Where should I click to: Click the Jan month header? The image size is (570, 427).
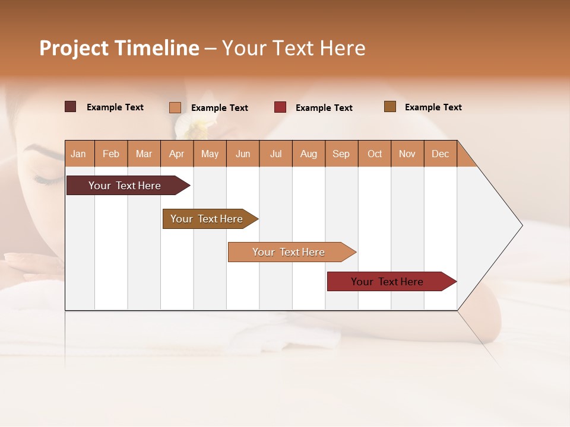pyautogui.click(x=79, y=154)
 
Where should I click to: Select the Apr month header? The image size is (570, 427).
pyautogui.click(x=177, y=154)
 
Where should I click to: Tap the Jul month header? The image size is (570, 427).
pyautogui.click(x=275, y=154)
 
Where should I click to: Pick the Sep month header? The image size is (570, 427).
pyautogui.click(x=341, y=154)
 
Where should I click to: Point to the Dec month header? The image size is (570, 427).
pyautogui.click(x=440, y=154)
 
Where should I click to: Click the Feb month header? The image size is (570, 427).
pyautogui.click(x=111, y=154)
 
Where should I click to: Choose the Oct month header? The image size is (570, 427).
pyautogui.click(x=375, y=154)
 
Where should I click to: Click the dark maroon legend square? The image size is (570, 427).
pyautogui.click(x=70, y=107)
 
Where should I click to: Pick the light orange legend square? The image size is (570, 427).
pyautogui.click(x=175, y=107)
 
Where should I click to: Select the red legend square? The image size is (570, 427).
pyautogui.click(x=280, y=107)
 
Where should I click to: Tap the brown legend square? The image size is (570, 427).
pyautogui.click(x=389, y=107)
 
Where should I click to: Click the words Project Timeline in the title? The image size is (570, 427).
pyautogui.click(x=119, y=48)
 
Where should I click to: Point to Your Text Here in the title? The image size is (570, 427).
pyautogui.click(x=293, y=48)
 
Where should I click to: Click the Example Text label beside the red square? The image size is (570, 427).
pyautogui.click(x=324, y=108)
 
